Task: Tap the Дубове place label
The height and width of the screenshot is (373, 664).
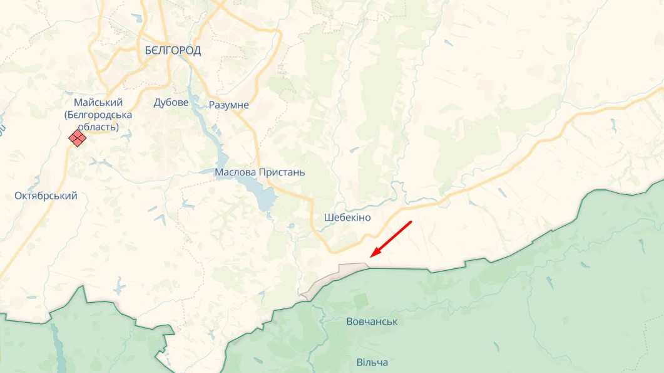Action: (x=171, y=103)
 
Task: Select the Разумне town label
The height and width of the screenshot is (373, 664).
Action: (x=229, y=105)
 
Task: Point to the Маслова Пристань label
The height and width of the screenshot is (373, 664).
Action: (x=260, y=172)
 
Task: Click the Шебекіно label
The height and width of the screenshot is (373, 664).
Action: (x=347, y=218)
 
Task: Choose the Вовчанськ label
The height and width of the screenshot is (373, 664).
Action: (x=372, y=322)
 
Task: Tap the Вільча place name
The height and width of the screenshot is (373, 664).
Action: (x=372, y=362)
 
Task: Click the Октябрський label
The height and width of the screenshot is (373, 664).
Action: (x=46, y=196)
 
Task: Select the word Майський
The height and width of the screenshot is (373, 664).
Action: (x=98, y=102)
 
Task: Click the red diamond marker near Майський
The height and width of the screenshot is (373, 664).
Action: (x=78, y=138)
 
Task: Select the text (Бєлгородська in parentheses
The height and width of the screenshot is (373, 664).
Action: (x=98, y=115)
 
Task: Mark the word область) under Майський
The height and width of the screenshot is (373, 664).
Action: (x=98, y=127)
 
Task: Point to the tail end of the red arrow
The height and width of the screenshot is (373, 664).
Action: (x=411, y=221)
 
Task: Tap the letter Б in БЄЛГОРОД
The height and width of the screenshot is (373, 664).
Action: (x=148, y=51)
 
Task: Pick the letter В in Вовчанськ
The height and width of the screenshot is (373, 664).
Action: (x=349, y=322)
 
